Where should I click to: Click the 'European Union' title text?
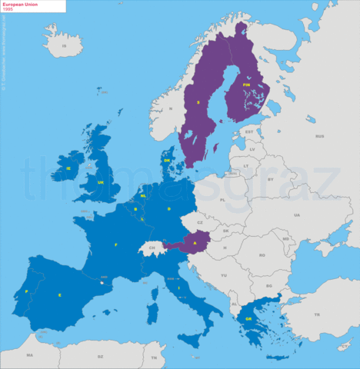(19, 4)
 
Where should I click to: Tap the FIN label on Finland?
(246, 85)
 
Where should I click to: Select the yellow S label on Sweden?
(198, 102)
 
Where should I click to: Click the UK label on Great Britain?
(101, 182)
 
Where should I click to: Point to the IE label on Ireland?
(68, 168)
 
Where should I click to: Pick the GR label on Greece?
(248, 319)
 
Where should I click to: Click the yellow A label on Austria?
(195, 244)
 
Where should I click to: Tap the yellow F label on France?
(116, 244)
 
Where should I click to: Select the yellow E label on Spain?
(60, 294)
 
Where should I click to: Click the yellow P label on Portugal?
(26, 292)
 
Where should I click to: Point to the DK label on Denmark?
(166, 161)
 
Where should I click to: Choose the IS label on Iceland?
(65, 46)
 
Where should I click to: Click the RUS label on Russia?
(318, 136)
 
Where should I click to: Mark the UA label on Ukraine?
(296, 214)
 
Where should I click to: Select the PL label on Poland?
(222, 199)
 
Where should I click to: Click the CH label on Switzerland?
(152, 248)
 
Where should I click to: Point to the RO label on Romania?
(262, 254)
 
